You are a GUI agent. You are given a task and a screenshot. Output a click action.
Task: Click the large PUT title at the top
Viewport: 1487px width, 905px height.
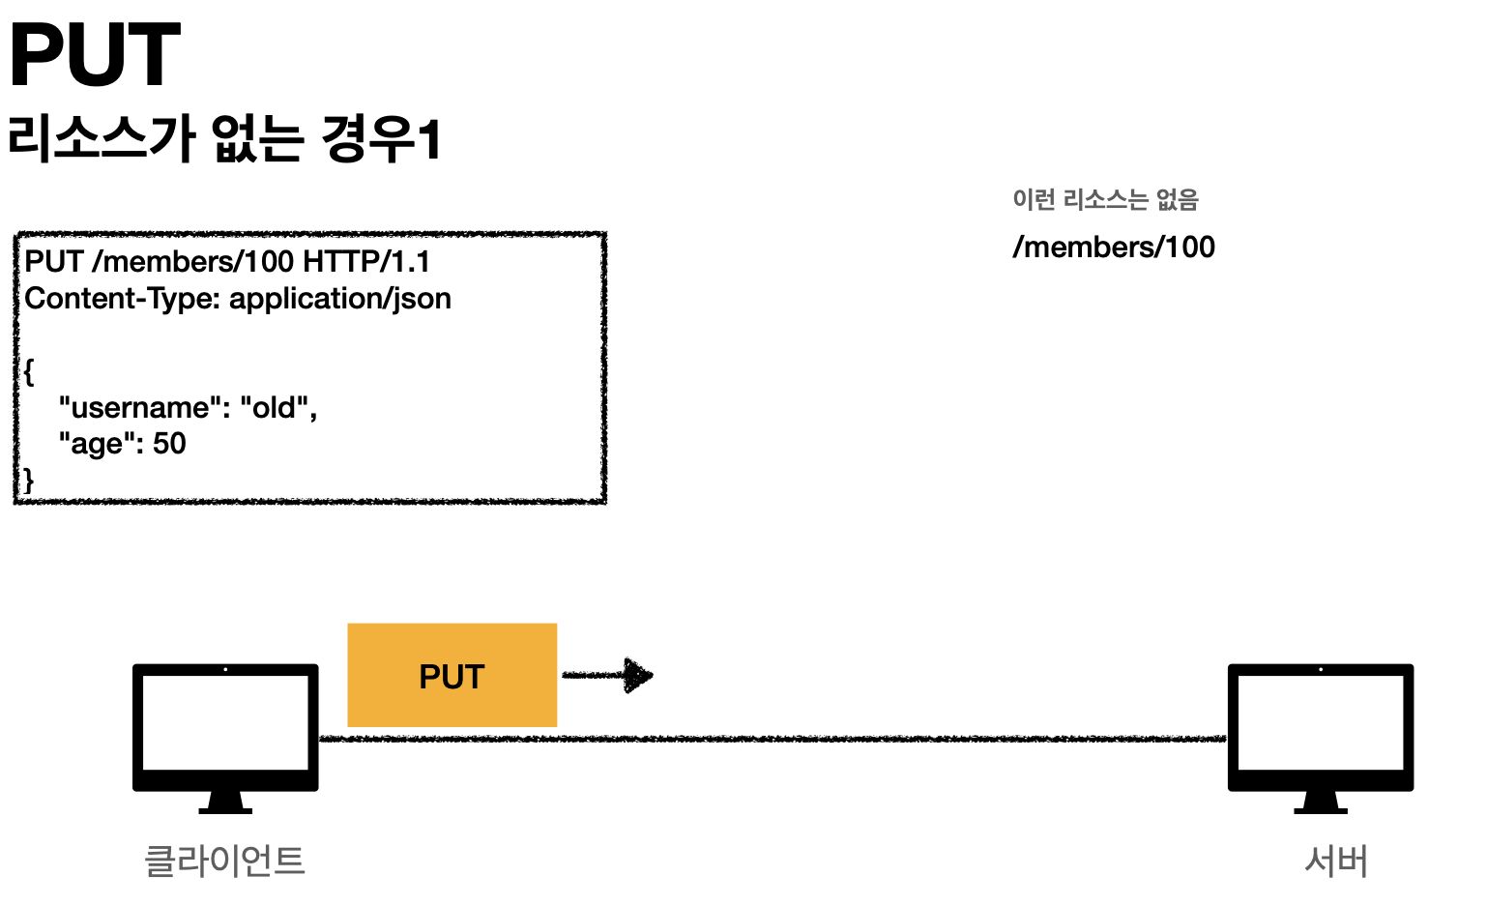[95, 55]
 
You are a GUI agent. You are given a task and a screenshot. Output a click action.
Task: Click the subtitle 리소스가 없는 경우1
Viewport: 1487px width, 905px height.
[224, 138]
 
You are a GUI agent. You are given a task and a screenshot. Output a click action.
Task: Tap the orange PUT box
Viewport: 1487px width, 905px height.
[452, 676]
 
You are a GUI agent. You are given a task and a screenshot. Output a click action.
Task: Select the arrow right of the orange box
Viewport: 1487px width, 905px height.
[608, 675]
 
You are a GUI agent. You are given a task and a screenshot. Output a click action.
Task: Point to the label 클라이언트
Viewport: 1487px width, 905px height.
[224, 860]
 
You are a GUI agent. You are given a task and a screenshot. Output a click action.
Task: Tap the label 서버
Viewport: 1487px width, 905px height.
[1336, 861]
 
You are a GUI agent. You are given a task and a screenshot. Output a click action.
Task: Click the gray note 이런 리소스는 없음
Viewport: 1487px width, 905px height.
[1105, 200]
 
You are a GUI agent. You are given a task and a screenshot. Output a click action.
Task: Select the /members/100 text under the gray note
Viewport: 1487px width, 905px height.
[1114, 248]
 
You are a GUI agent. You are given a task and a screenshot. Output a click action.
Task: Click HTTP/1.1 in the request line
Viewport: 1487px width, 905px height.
[366, 262]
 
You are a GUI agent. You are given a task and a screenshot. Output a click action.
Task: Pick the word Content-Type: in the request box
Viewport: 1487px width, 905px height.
[123, 299]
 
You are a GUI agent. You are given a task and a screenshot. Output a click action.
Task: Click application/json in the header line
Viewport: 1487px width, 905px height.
[340, 300]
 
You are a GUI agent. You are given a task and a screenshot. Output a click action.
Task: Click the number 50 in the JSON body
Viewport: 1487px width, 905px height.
[169, 444]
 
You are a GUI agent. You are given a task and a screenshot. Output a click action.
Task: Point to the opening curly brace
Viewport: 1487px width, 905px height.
[30, 372]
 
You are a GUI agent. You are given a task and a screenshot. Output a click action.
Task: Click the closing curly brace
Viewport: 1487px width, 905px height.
[29, 480]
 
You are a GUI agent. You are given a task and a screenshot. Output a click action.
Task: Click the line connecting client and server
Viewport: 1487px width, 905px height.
[773, 739]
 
